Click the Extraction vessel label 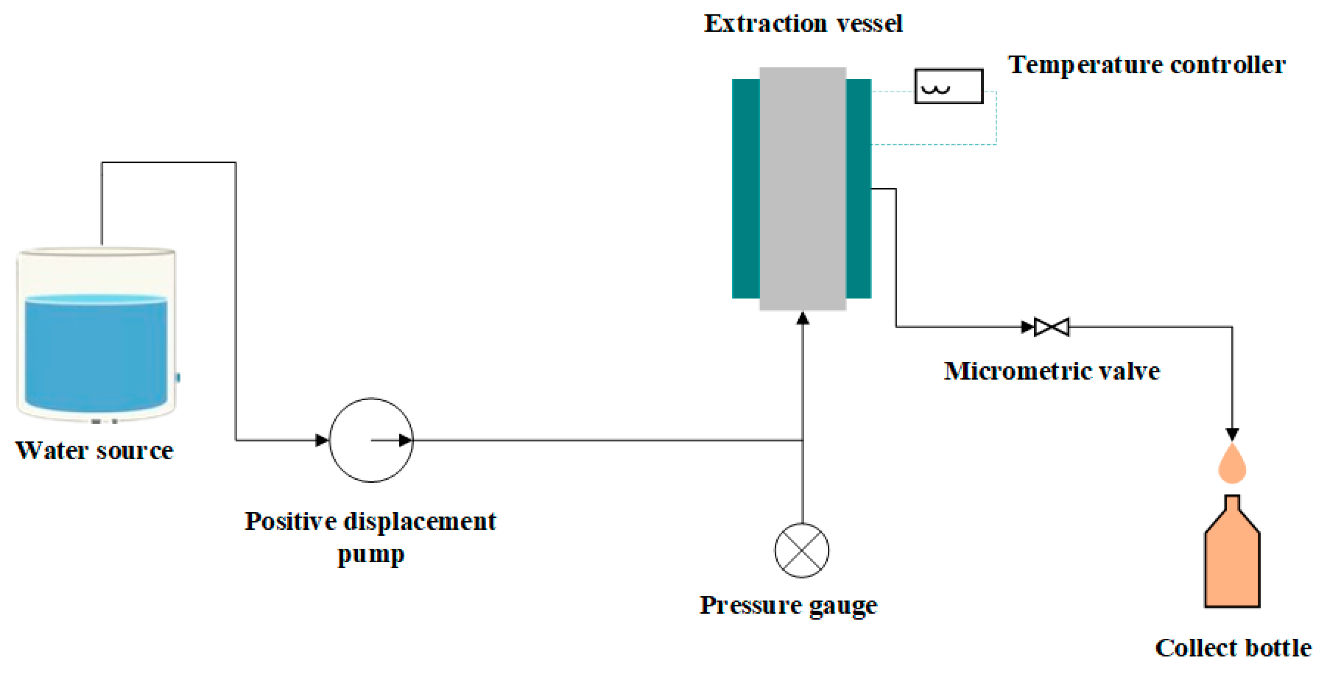click(x=803, y=24)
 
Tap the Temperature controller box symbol click(x=948, y=86)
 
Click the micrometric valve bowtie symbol click(x=1051, y=327)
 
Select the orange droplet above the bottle click(x=1232, y=465)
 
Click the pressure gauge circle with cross click(x=802, y=550)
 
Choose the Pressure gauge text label click(x=789, y=605)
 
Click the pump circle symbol click(x=371, y=440)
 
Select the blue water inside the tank click(x=96, y=354)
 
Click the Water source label click(x=94, y=451)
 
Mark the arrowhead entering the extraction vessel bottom click(x=803, y=319)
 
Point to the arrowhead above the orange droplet click(x=1232, y=434)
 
